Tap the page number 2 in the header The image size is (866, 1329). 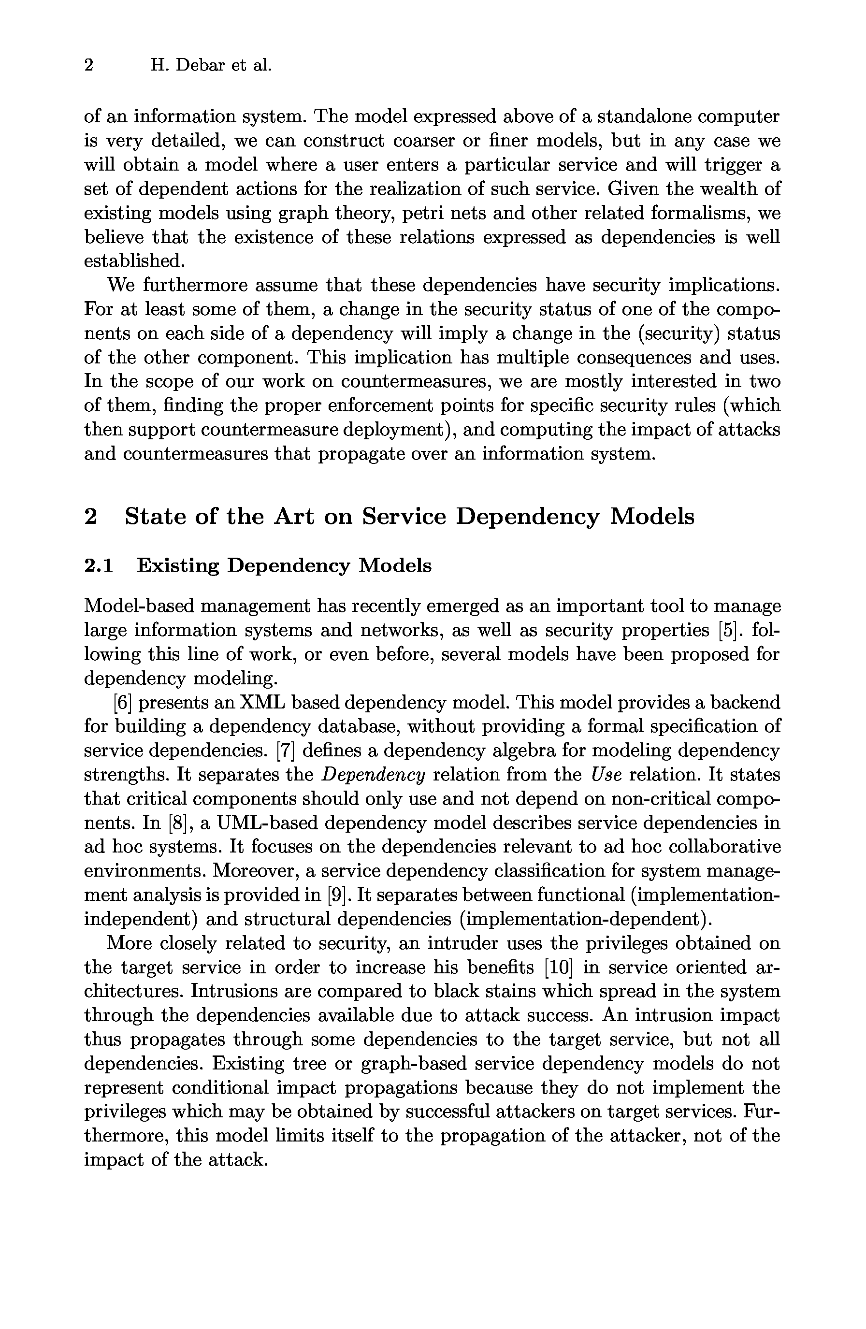89,66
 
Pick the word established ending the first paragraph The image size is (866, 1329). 133,261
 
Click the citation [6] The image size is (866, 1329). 122,703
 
